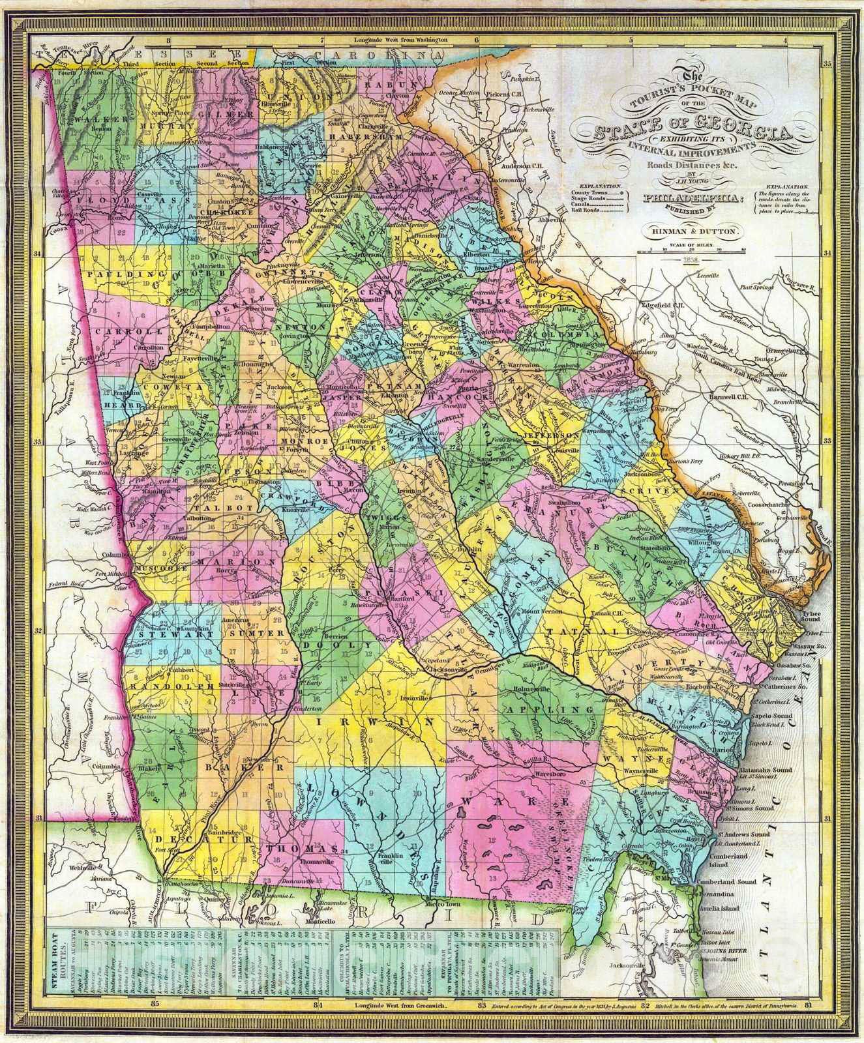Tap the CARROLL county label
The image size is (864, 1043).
tap(118, 331)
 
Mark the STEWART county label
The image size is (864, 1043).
tap(162, 634)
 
